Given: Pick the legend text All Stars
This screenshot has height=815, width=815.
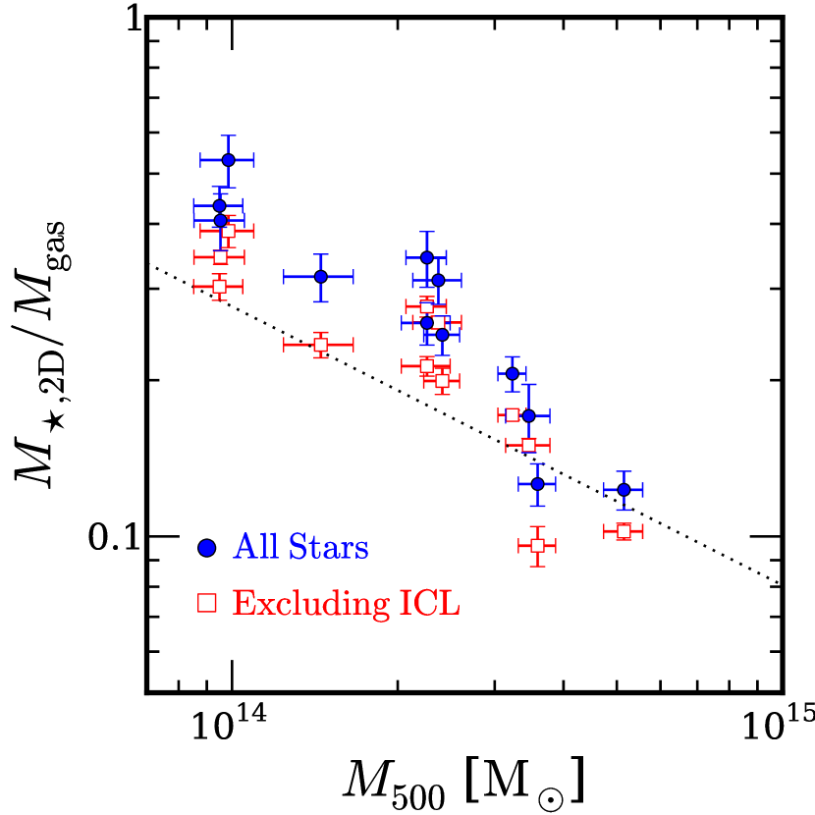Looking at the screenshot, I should coord(300,548).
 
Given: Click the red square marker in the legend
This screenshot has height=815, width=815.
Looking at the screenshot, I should coord(207,603).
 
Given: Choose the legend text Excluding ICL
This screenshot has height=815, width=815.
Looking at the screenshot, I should coord(347,603).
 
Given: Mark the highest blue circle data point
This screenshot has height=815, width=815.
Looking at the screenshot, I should coord(228,159).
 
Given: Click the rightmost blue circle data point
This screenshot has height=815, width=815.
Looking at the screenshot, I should coord(623,489).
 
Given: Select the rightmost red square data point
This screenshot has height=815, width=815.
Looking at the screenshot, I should coord(623,531).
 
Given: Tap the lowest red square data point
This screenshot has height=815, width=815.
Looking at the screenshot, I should coord(537,546).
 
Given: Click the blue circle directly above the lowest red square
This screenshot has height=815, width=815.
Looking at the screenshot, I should coord(537,483).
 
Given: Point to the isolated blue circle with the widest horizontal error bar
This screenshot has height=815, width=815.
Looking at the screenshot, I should coord(320,276).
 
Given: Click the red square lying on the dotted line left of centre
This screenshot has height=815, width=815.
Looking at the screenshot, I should coord(320,345).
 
